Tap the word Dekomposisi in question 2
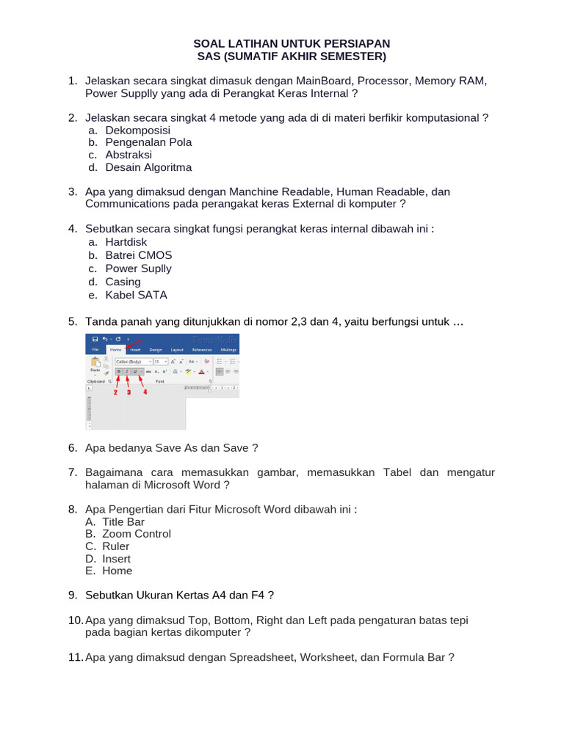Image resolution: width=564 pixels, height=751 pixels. [137, 130]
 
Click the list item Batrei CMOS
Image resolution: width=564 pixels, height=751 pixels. [139, 255]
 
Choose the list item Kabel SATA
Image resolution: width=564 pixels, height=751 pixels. [136, 295]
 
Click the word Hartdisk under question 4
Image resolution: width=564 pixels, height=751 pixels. [126, 242]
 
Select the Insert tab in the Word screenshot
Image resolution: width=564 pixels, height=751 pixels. [135, 351]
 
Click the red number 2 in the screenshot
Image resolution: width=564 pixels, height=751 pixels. [115, 392]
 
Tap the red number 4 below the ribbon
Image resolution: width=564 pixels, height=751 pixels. [145, 392]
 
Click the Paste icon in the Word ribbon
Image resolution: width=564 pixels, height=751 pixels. [95, 364]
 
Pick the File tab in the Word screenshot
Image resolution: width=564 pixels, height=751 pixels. [95, 351]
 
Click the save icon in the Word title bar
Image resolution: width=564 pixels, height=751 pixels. [95, 340]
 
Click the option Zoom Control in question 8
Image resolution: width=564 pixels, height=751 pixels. [137, 534]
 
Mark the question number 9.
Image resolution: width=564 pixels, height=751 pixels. [72, 595]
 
